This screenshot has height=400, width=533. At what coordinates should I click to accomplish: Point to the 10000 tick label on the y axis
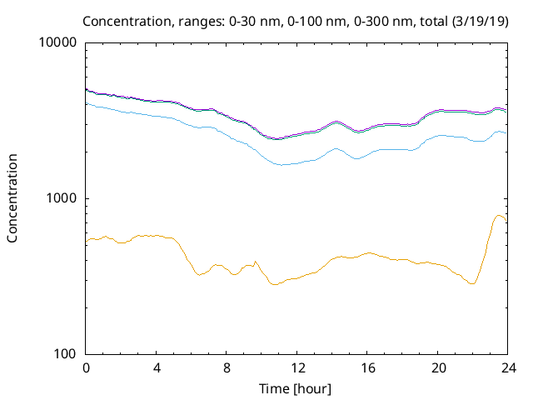pos(59,43)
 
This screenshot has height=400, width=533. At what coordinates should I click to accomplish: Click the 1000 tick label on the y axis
pos(62,198)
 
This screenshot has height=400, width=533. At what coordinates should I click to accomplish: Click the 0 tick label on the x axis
pos(86,367)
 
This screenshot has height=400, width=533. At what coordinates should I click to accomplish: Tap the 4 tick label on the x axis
pos(157,367)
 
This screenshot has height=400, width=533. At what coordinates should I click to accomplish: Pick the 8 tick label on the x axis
pos(227,367)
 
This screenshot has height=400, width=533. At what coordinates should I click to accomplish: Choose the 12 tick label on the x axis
pos(297,367)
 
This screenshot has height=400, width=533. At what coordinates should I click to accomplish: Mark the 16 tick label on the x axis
pos(367,367)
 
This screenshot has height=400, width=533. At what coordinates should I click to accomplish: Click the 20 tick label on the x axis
pos(438,367)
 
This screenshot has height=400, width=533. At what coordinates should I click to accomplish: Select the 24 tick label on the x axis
pos(508,367)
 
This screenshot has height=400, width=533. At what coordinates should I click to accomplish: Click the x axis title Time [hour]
pos(296,388)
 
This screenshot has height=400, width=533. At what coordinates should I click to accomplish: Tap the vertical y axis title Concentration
pos(12,198)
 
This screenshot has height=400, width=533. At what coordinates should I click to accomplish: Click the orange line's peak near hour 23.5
pos(500,216)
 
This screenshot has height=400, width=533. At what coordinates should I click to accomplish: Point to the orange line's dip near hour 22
pos(472,284)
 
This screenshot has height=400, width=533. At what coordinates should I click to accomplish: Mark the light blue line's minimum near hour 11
pos(281,164)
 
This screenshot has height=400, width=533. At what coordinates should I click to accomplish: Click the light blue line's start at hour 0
pos(87,103)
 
